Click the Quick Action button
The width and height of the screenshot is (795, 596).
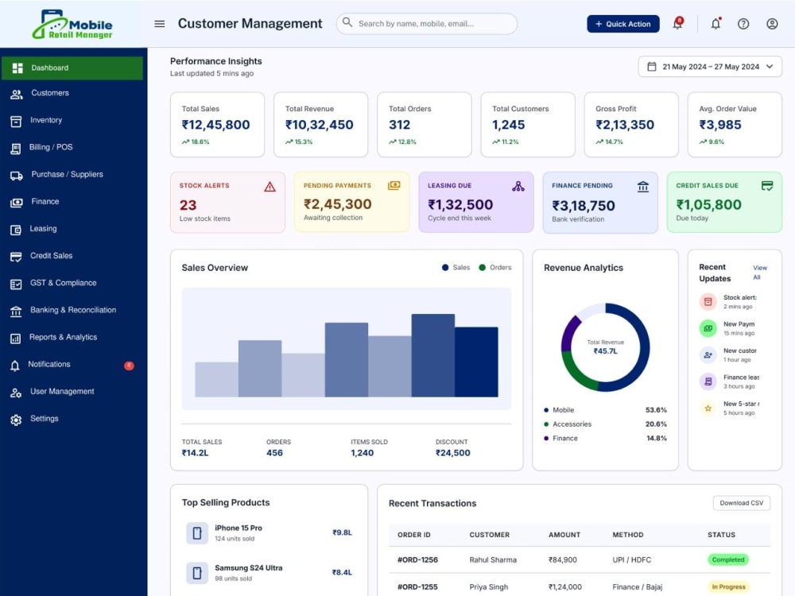(x=623, y=24)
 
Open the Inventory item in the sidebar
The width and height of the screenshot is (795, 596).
(x=45, y=120)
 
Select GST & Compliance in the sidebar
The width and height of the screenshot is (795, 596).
(x=63, y=283)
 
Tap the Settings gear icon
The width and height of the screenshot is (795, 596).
(x=16, y=420)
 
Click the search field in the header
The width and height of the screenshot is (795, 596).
(x=426, y=24)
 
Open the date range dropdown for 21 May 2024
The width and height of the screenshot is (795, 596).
(x=710, y=67)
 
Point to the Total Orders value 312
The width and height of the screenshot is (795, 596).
(x=400, y=125)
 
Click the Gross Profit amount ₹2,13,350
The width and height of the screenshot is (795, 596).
(x=625, y=125)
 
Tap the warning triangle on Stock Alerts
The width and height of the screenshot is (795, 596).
(x=270, y=187)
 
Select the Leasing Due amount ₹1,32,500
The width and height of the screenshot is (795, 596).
(x=460, y=204)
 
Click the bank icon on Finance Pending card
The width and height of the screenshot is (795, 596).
(x=643, y=187)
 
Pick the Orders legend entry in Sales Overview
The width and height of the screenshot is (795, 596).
(x=495, y=268)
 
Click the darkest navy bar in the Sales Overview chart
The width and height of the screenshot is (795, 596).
(x=476, y=362)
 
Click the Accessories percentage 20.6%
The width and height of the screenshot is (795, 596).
(x=656, y=424)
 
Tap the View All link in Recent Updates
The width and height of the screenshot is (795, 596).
(x=759, y=272)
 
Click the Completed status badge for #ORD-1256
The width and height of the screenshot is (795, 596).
(x=728, y=559)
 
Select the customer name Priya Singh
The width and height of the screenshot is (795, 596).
(x=488, y=587)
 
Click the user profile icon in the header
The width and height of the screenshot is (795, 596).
(x=772, y=24)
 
